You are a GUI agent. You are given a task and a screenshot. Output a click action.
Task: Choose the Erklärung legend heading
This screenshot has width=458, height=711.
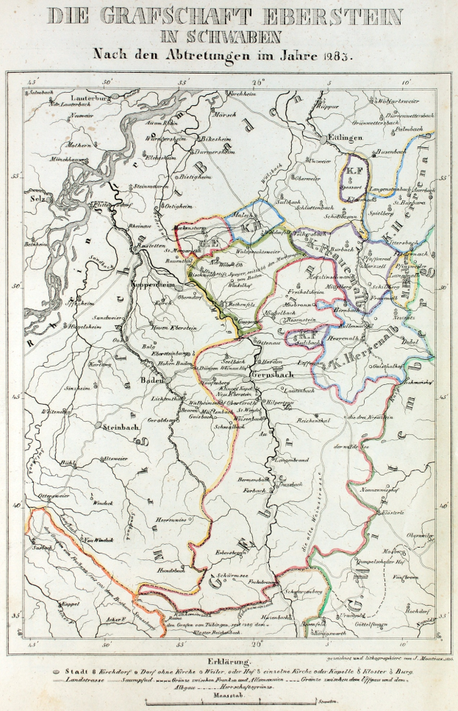[x=229, y=662]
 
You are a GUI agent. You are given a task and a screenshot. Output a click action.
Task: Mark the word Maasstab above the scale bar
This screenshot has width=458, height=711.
[x=229, y=695]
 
